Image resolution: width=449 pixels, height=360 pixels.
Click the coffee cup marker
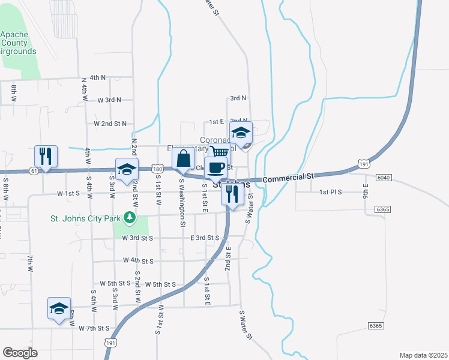[x=215, y=167]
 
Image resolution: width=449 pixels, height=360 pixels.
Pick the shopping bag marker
[x=183, y=159]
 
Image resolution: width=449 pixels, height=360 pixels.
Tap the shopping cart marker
[x=220, y=152]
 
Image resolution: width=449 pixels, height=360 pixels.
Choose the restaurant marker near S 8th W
[x=46, y=156]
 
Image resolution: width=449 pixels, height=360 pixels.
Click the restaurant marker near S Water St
[x=232, y=193]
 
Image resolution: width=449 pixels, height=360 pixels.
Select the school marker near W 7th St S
[x=59, y=308]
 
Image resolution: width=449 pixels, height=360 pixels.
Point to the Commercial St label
[x=289, y=178]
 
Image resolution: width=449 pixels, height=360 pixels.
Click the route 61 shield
[x=32, y=171]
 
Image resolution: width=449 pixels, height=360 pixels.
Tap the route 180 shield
[x=157, y=170]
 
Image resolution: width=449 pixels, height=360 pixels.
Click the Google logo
[x=20, y=352]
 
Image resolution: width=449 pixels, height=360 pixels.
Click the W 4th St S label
[x=138, y=261]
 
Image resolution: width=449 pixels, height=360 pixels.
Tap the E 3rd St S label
[x=205, y=238]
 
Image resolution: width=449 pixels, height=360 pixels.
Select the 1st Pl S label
[x=330, y=192]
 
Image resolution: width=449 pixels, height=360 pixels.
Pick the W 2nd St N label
[x=110, y=124]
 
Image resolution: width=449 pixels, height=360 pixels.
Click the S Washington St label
[x=181, y=205]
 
